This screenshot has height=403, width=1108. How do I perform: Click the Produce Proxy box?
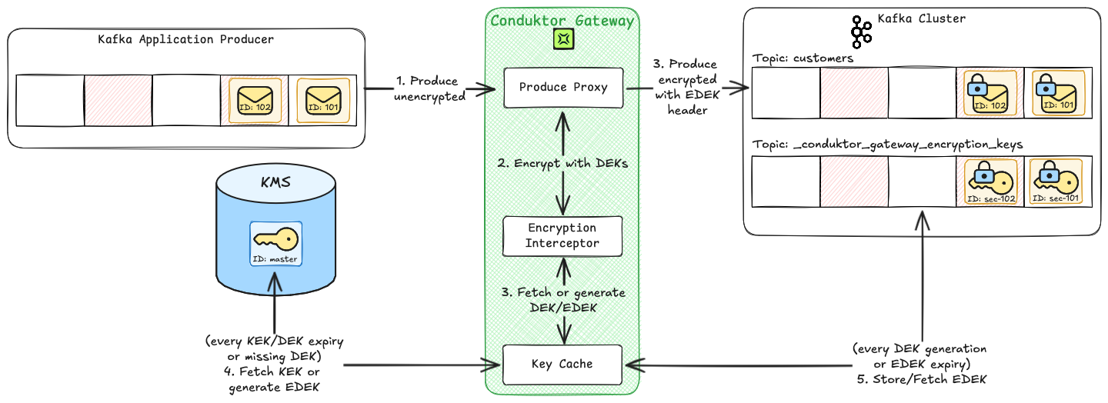563,88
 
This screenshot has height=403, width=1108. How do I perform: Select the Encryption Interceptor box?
562,236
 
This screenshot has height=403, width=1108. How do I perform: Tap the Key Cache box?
562,364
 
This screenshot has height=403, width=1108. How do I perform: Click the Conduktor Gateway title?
563,21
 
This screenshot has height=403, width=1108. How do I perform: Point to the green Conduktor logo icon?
563,39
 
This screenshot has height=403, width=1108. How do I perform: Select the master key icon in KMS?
275,243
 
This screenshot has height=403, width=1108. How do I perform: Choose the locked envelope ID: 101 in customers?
1058,93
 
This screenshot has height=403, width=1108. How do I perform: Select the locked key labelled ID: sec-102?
990,182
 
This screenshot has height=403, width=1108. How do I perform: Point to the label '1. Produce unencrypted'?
428,88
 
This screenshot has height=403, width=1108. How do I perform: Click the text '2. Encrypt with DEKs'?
563,163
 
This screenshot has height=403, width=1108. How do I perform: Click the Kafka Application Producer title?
186,38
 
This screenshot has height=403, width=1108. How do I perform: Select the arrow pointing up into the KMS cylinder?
275,308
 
